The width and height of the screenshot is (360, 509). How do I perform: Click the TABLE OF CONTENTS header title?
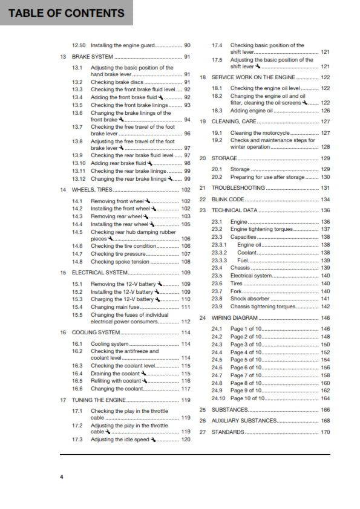coord(67,13)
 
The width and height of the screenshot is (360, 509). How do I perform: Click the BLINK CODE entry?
coord(228,199)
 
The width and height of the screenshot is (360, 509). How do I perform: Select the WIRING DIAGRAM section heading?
coord(234,317)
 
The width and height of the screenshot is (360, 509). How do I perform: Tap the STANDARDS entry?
coord(228,432)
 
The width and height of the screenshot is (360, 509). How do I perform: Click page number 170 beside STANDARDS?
coord(325,432)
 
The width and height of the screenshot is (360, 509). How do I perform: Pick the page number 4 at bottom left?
coord(61,478)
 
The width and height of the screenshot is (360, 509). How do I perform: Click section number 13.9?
coord(77,155)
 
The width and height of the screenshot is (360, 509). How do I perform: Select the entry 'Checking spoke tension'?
coord(120,262)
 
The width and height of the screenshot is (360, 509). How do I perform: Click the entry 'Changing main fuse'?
coord(115,307)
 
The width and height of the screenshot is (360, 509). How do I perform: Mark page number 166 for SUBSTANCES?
coord(325,410)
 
